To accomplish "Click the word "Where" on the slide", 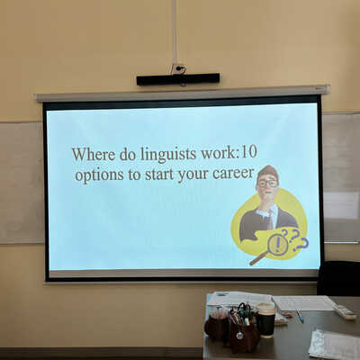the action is click(94, 155).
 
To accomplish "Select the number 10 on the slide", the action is click(248, 152).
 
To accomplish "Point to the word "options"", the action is click(99, 175).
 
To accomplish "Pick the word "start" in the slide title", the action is click(159, 175).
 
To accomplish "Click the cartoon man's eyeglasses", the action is click(267, 184).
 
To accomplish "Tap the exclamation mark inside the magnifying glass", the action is click(277, 244).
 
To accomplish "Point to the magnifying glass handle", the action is click(258, 258).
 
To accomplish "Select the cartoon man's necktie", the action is click(270, 220).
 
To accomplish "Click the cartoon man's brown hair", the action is click(268, 172).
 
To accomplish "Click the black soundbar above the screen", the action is click(178, 79).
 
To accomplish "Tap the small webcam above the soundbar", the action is click(179, 68).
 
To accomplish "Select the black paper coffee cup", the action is click(265, 319).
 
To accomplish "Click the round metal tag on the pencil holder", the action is click(239, 336).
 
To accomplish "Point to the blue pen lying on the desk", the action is click(300, 316).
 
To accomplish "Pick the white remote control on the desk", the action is click(345, 312).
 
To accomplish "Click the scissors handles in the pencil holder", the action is click(244, 310).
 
